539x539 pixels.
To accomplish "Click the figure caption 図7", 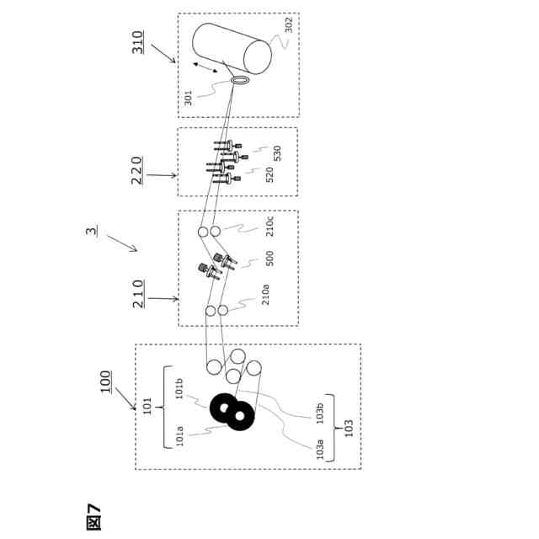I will click(x=93, y=516).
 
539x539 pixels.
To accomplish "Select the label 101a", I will click(x=179, y=436).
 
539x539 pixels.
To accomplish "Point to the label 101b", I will click(x=179, y=388).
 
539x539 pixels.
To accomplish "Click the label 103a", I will click(x=319, y=449).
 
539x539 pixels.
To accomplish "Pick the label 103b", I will click(x=319, y=412).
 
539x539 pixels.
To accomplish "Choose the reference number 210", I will click(x=138, y=293).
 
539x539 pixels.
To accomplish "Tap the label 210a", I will click(x=266, y=294).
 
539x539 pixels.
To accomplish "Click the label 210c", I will click(x=269, y=226).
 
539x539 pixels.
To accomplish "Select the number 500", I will click(x=269, y=258).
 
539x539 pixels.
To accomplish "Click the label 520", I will click(x=269, y=174).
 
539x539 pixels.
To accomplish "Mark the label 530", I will click(x=277, y=153).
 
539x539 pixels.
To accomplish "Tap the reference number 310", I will click(x=138, y=42).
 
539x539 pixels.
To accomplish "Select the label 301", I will click(x=189, y=98).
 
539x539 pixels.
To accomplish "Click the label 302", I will click(x=288, y=25).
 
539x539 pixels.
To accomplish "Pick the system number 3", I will click(x=91, y=231).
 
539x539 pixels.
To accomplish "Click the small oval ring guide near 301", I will click(x=240, y=80).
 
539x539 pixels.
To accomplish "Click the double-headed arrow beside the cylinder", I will click(x=205, y=67).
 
